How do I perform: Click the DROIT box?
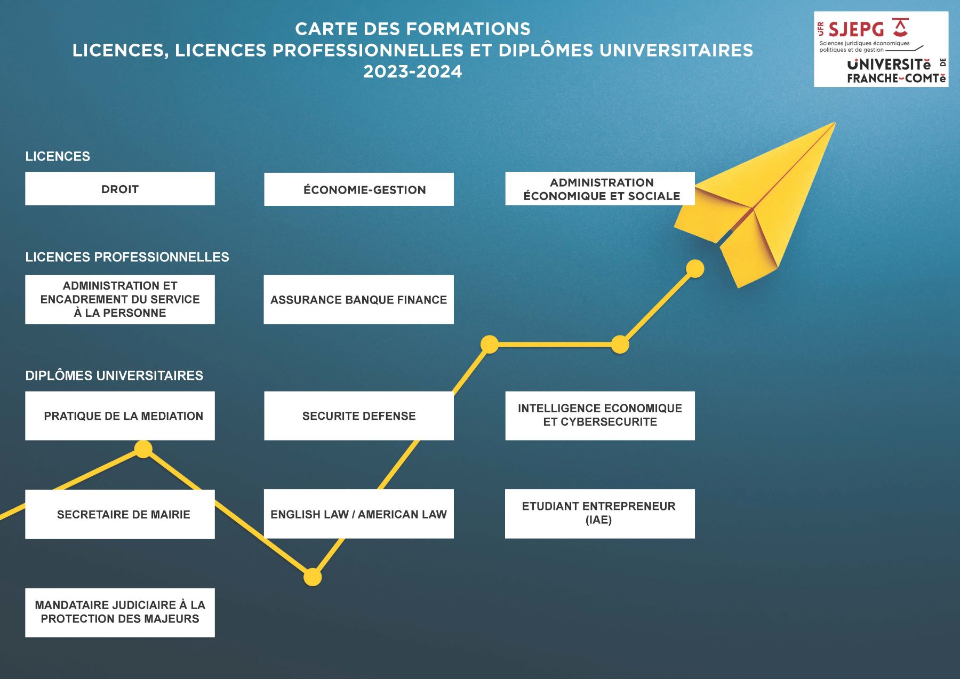(120, 188)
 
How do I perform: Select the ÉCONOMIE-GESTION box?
(359, 189)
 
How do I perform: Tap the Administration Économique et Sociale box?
(600, 188)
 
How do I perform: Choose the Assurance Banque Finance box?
(359, 300)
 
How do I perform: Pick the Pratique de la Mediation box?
(120, 416)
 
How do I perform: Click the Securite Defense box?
(359, 416)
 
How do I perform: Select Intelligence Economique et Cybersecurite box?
(600, 416)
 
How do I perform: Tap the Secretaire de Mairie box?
(120, 514)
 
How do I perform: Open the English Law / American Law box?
(359, 514)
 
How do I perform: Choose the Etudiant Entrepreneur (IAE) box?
(600, 514)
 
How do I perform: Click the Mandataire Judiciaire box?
(120, 613)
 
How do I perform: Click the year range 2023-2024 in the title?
(413, 71)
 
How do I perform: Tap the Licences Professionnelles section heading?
(127, 257)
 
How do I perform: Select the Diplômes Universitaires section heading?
(114, 376)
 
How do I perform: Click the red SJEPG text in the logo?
(856, 29)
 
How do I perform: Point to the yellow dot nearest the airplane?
(695, 268)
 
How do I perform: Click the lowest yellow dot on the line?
(313, 577)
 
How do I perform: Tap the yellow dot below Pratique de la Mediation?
(143, 449)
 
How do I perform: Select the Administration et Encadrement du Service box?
(120, 300)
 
